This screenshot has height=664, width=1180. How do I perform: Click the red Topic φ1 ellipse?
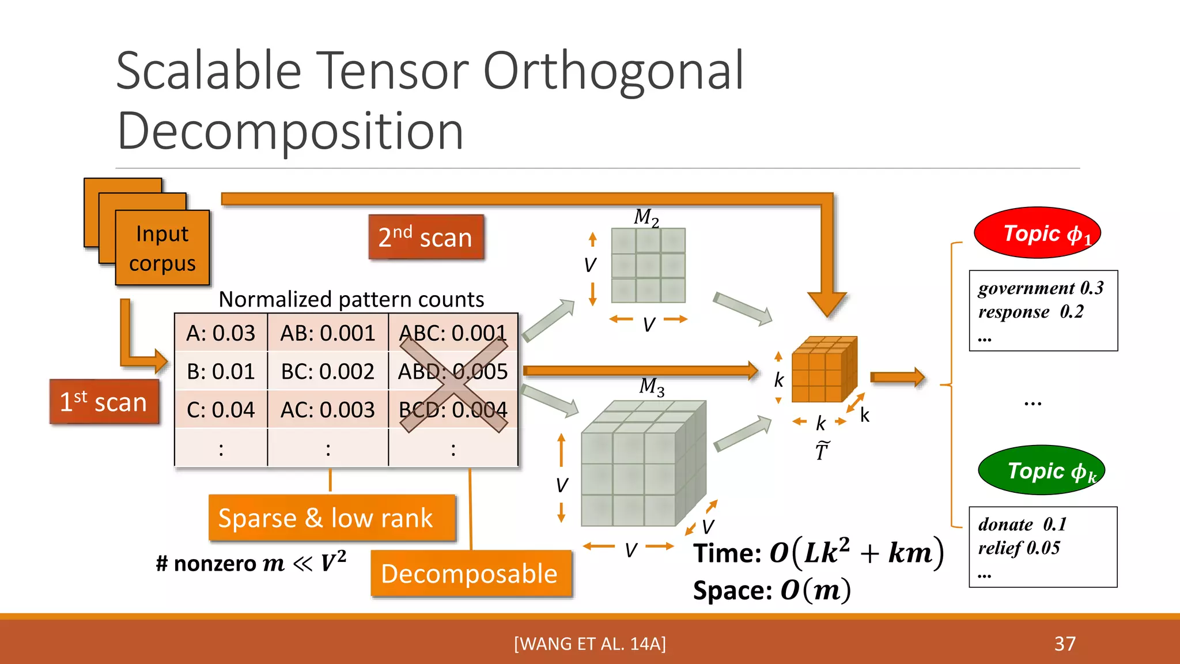tap(1037, 233)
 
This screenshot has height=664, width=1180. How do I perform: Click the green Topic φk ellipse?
tap(1041, 470)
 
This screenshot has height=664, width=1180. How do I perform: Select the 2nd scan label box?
tap(426, 237)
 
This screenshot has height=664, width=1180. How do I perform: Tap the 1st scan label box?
tap(104, 402)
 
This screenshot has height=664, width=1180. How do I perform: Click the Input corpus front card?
tap(162, 248)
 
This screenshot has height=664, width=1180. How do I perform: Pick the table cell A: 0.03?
tap(221, 333)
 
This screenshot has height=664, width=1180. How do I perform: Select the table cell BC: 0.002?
tap(327, 371)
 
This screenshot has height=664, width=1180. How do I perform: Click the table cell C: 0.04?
tap(221, 410)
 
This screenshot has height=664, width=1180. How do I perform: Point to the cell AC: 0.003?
tap(327, 410)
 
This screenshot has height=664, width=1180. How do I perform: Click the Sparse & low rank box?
tap(331, 518)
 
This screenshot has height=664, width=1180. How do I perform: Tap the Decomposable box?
tap(470, 574)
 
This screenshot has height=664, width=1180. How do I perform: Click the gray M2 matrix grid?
tap(648, 266)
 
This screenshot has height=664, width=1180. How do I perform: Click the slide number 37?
tap(1065, 643)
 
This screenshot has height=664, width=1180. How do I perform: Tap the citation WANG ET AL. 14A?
tap(590, 643)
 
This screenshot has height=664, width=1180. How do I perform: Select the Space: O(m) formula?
tap(771, 590)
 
